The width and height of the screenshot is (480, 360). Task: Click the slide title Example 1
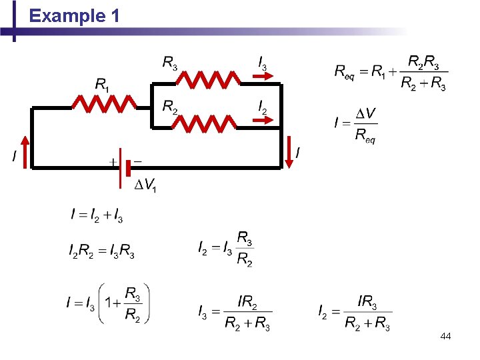point(75,16)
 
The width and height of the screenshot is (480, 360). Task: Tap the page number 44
point(445,337)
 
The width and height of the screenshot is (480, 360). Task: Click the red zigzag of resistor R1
point(105,103)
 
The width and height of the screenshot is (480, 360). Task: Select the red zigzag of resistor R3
point(208,80)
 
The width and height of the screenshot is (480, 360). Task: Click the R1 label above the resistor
point(102,85)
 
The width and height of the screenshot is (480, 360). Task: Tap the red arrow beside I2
point(264,120)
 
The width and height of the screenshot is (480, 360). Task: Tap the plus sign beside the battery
point(113,162)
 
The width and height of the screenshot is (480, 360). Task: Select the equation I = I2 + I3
point(97,215)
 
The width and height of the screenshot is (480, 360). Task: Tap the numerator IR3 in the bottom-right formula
point(367,303)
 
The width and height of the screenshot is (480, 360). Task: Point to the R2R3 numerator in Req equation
point(423,63)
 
